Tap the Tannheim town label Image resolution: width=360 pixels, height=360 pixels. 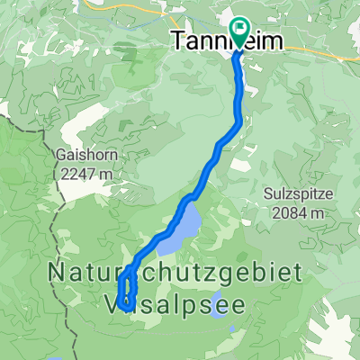(x=212, y=40)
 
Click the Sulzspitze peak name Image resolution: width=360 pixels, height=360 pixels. (x=300, y=196)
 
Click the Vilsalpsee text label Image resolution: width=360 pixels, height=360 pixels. (x=170, y=303)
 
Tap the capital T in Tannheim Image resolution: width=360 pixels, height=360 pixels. (x=178, y=40)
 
